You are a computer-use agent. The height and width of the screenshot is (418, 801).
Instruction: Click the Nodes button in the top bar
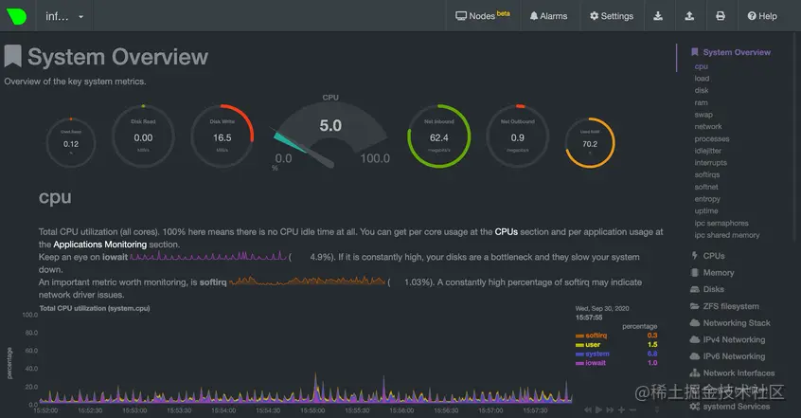[482, 16]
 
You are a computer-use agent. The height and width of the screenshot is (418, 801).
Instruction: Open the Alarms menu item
[548, 16]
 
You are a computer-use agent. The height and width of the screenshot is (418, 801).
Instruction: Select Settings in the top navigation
[611, 16]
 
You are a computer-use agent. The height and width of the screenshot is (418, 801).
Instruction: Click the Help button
[761, 16]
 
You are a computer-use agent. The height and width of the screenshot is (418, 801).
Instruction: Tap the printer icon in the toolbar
[721, 16]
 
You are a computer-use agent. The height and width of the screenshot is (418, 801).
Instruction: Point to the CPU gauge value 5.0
[330, 125]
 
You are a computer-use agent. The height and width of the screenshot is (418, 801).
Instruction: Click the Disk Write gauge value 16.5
[222, 137]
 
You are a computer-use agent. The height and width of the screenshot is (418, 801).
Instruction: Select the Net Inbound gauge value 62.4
[439, 137]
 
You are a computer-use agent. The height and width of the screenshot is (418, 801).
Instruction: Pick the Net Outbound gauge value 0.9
[518, 137]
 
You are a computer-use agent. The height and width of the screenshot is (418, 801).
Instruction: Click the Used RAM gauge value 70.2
[590, 144]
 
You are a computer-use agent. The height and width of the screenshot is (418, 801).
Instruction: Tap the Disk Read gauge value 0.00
[143, 137]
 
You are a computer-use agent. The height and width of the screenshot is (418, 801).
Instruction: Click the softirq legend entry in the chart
[596, 335]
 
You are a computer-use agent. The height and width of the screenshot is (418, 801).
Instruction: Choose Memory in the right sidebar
[719, 273]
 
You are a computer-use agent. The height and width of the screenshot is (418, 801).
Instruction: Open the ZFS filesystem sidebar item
[730, 306]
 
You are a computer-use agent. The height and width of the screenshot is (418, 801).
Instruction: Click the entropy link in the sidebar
[707, 199]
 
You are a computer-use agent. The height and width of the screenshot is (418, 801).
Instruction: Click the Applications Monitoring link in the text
[99, 245]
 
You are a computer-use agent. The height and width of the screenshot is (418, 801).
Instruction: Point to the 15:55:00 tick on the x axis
[312, 410]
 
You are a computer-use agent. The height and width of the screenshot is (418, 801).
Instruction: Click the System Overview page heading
[117, 57]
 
